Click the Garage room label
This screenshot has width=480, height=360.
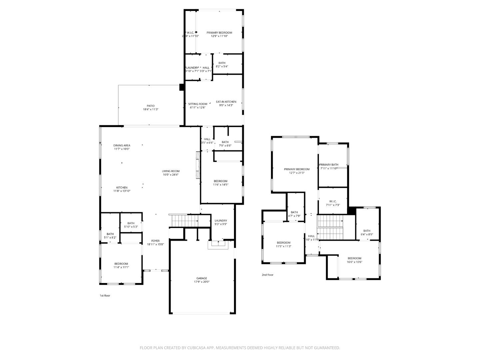pos(201,278)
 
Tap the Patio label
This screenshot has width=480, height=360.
pos(151,106)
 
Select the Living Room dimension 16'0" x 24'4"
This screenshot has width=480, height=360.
pos(171,175)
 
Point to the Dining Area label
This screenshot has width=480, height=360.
pos(122,145)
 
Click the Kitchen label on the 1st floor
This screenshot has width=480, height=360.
pos(122,188)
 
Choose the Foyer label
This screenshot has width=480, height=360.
pos(155,241)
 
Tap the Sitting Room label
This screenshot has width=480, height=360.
pos(198,104)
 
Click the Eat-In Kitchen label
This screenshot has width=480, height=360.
pos(226,102)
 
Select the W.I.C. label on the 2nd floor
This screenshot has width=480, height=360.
pos(333,201)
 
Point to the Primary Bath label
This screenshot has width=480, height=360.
pos(329,165)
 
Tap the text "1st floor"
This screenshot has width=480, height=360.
pos(105,296)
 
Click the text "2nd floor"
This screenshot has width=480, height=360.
pos(267,275)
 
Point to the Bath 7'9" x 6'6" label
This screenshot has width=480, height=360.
pos(225,142)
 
